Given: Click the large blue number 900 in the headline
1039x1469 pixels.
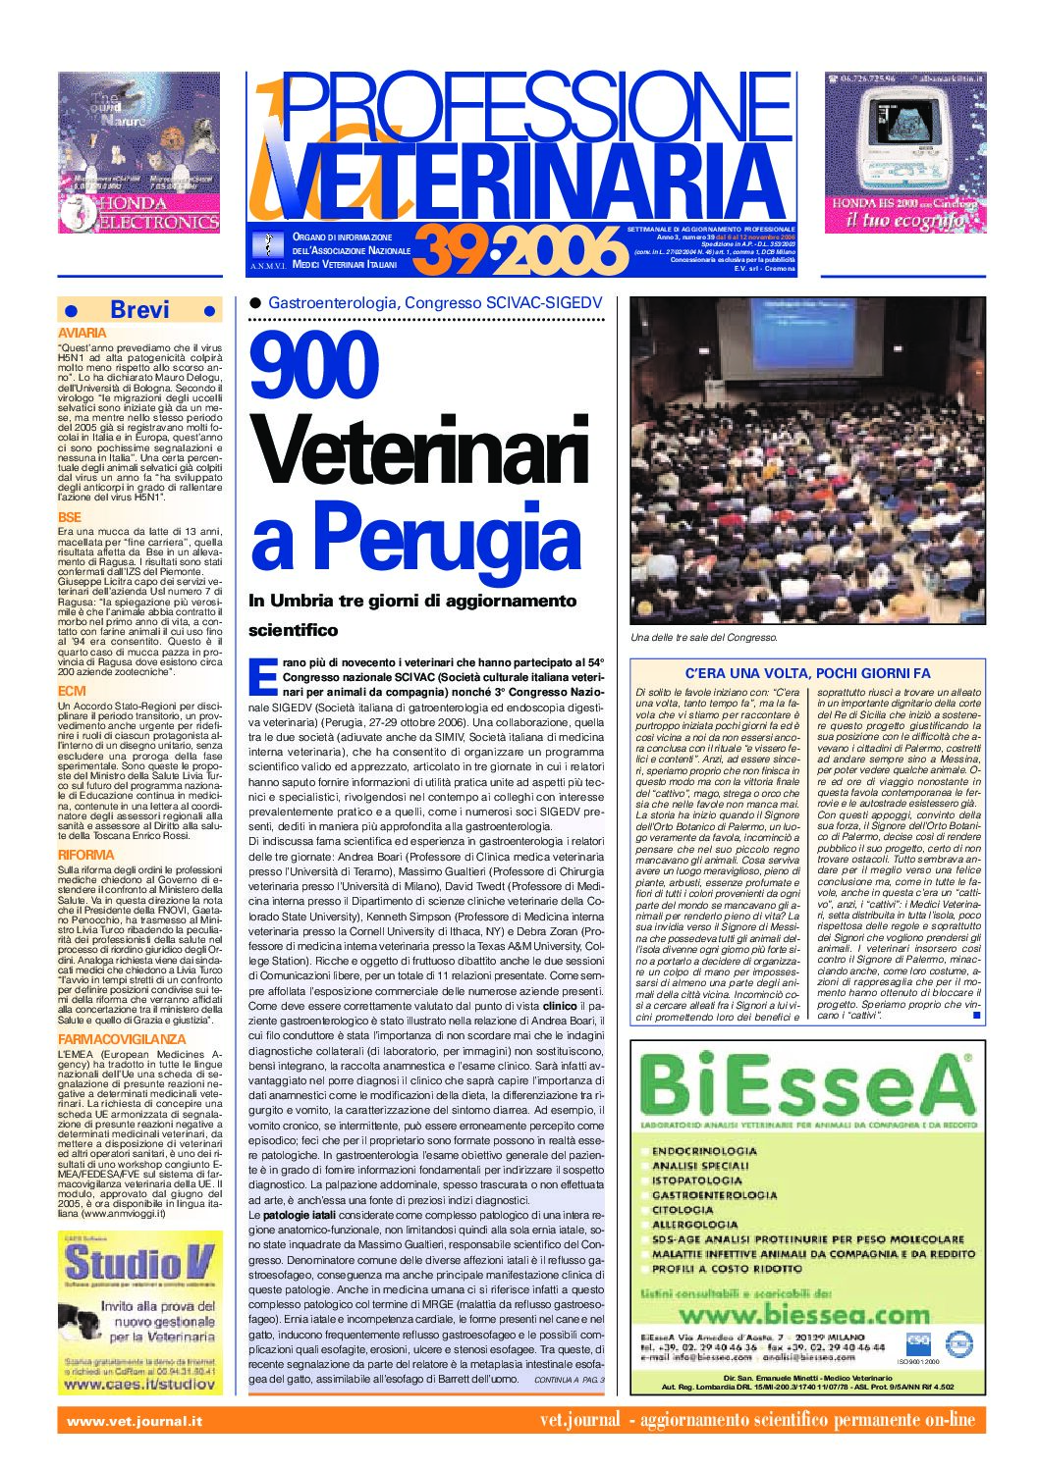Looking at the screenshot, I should (x=314, y=365).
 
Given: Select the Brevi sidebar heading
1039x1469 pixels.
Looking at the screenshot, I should (x=139, y=310).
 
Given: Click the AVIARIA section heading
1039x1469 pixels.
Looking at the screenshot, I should (x=82, y=334).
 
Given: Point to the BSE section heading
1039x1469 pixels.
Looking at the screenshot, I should (x=70, y=517).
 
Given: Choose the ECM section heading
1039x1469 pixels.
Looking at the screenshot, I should (x=72, y=692).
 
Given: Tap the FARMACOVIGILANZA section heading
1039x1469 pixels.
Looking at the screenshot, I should (x=122, y=1039).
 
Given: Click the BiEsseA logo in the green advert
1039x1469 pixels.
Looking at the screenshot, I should (x=805, y=1086).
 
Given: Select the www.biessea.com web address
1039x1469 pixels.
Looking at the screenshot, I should (x=804, y=1314).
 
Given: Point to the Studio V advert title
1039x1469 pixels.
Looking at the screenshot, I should (x=139, y=1265).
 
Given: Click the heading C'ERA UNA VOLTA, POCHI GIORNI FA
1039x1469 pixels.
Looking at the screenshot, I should (x=806, y=673).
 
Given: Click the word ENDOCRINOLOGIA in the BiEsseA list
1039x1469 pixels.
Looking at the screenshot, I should (x=704, y=1151).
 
